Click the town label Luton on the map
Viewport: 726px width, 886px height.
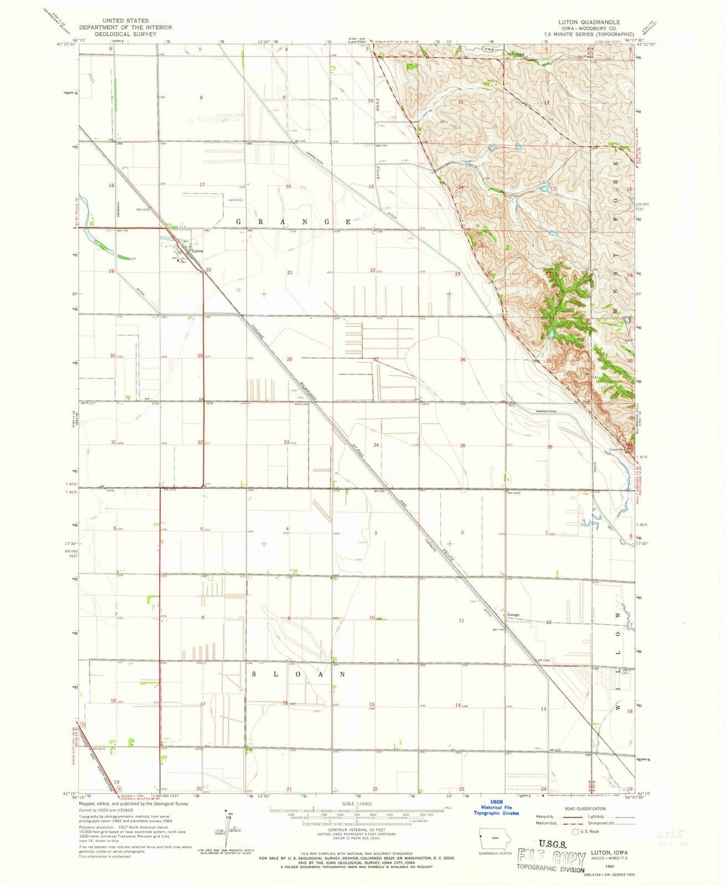[197, 251]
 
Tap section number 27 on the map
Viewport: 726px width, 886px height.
[375, 359]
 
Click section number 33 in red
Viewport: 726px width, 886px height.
[286, 442]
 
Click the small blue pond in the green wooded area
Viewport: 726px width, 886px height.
[552, 333]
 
